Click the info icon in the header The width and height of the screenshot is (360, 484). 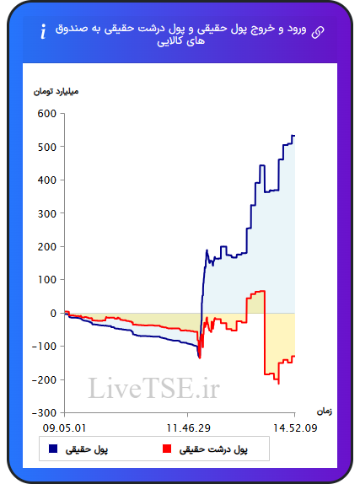point(43,31)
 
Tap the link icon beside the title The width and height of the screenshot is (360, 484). point(318,32)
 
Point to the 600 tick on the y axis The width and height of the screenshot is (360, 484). point(47,114)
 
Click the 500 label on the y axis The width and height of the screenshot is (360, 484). point(47,147)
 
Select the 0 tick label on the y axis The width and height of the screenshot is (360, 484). point(53,314)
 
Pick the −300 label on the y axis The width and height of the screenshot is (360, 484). point(45,413)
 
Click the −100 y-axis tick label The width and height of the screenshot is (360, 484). point(45,347)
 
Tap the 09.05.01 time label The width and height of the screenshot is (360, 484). point(65,428)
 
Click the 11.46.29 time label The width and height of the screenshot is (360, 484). point(188,428)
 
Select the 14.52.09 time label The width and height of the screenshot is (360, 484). point(295,428)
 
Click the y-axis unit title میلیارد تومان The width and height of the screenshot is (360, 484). point(56,91)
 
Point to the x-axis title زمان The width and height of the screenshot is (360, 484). point(325,411)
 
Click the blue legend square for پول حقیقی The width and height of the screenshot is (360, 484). point(53,449)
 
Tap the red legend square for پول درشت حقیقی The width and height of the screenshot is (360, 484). point(167,449)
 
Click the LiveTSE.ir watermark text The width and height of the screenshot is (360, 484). point(153,388)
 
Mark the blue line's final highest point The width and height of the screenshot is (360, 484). point(293,136)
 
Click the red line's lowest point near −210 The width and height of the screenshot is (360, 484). point(279,384)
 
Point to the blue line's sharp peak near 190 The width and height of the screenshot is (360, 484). point(207,250)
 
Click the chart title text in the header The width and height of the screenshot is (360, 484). point(181,35)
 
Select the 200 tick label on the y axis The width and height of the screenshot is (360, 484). point(47,246)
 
